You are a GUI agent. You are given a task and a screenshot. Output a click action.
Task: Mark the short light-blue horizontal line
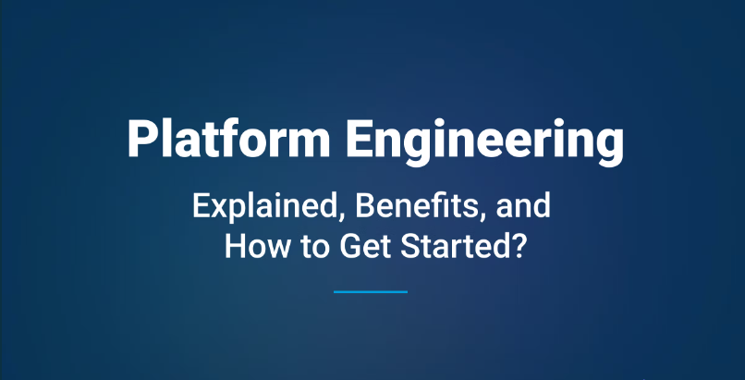(x=371, y=291)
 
